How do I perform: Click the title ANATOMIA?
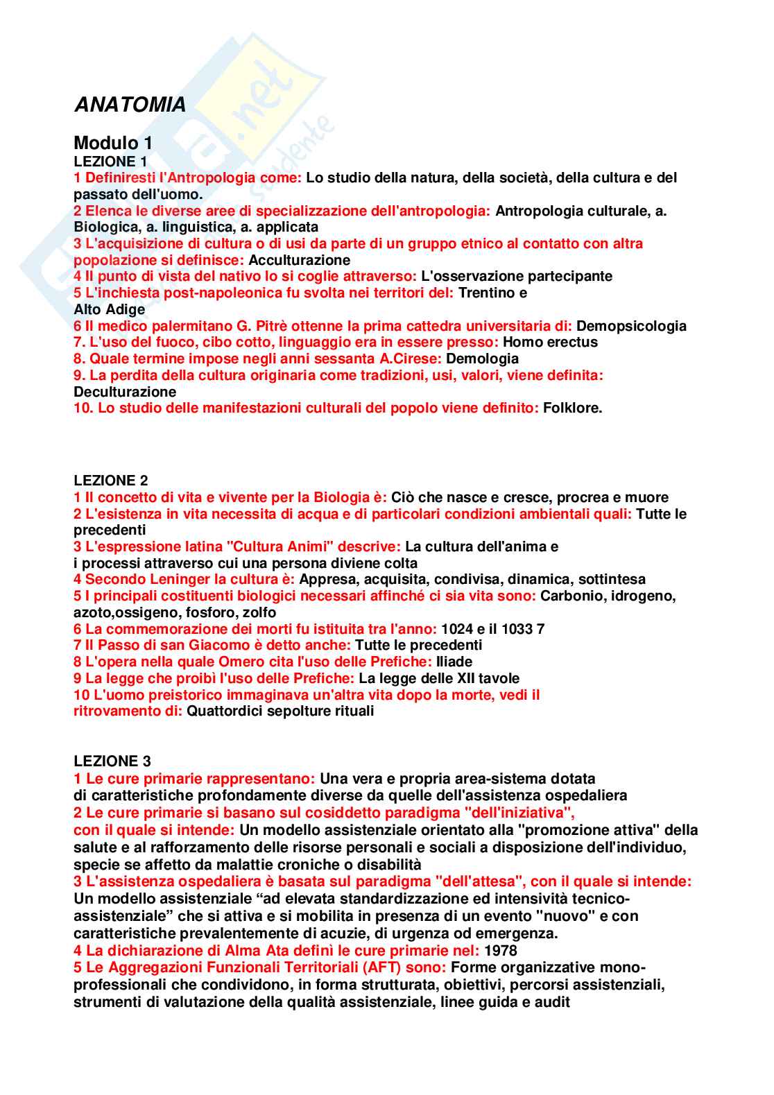(130, 105)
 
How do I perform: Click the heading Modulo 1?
(113, 143)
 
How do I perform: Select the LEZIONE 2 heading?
(111, 481)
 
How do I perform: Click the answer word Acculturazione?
(299, 260)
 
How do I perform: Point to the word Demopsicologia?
(631, 326)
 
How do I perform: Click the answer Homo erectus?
(550, 342)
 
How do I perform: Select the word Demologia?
(482, 359)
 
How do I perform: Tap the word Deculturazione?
(125, 392)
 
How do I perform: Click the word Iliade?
(454, 662)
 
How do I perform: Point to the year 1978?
(501, 951)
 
